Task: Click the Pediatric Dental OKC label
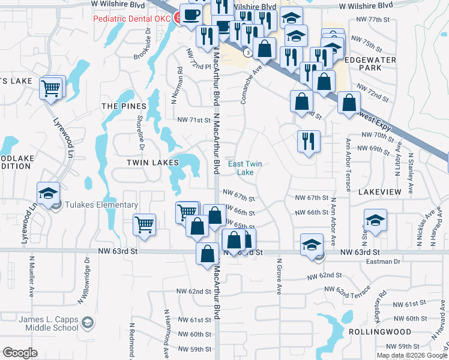(x=131, y=18)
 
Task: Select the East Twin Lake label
(x=245, y=168)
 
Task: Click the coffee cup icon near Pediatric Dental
(x=191, y=15)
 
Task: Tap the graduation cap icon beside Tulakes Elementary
(x=48, y=193)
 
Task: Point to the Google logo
(x=20, y=353)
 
